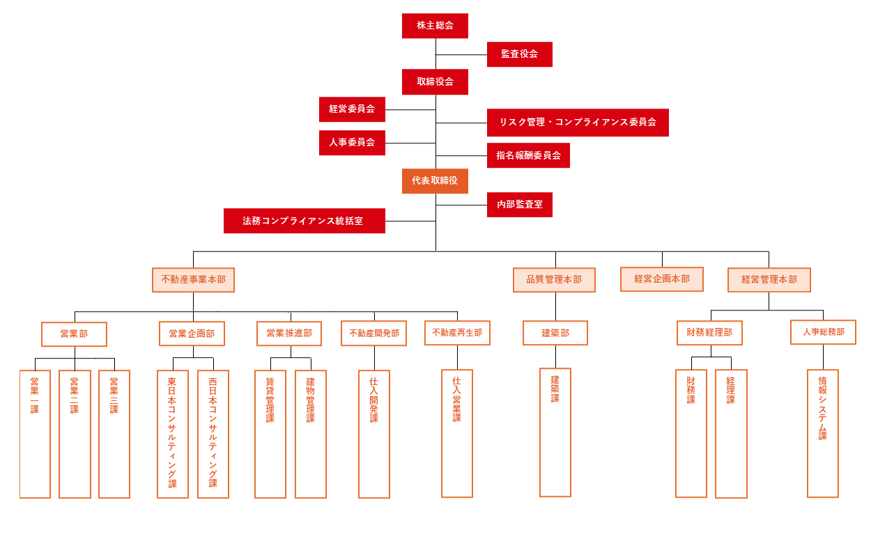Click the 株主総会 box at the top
(435, 26)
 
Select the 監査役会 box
(519, 54)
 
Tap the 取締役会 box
(435, 82)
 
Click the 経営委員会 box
(352, 109)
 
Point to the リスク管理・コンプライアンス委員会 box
(578, 123)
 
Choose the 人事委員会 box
(352, 143)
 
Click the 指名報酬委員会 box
(528, 155)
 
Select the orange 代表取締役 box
(435, 181)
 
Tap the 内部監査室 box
(519, 205)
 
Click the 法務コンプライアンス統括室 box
(304, 221)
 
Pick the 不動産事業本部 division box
(193, 280)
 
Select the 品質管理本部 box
(554, 280)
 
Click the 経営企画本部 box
(662, 279)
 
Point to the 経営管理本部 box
(769, 280)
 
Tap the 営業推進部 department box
(289, 333)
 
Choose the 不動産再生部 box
(457, 333)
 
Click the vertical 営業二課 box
(75, 434)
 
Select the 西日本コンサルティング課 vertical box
(213, 434)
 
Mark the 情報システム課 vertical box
(822, 433)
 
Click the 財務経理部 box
(709, 333)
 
